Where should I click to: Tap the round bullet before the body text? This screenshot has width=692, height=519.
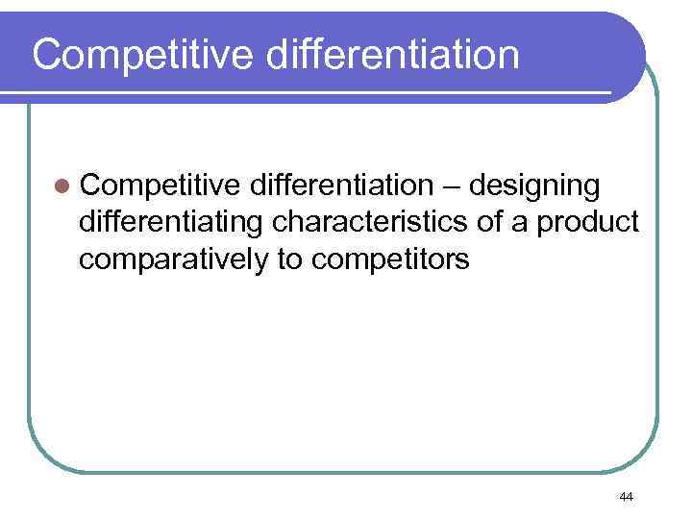[62, 185]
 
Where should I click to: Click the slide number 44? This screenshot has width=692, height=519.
[627, 496]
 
